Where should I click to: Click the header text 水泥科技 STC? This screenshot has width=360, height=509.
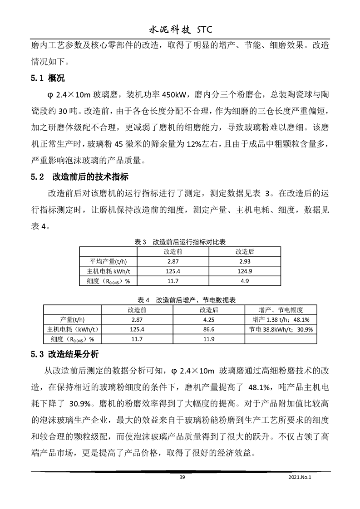180,30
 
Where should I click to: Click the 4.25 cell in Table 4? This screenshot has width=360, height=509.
209,320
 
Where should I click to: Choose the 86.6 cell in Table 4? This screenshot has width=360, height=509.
209,329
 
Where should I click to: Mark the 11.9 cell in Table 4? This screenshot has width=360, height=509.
209,339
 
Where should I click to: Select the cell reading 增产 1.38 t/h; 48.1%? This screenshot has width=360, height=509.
281,320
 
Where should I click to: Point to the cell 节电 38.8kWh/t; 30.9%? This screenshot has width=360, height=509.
281,329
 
